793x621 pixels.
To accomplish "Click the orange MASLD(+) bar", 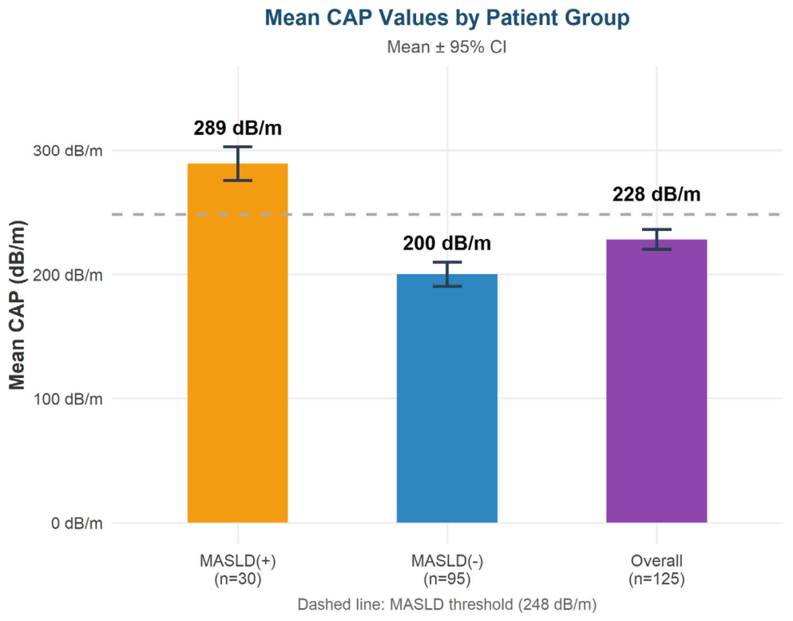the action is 238,343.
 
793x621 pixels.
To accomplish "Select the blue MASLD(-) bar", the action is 447,398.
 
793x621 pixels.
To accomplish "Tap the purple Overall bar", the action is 656,380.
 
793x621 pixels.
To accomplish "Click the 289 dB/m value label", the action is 238,128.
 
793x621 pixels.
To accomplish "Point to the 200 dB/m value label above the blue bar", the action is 447,244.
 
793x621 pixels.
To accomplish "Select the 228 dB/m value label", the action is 656,194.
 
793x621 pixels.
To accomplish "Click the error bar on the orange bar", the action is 238,164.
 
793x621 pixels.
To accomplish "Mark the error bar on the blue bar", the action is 447,274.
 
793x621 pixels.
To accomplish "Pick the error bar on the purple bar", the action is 656,240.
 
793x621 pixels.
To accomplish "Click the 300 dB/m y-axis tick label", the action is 68,151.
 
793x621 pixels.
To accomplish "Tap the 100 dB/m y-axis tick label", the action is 68,399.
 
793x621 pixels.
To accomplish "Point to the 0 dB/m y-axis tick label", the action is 77,523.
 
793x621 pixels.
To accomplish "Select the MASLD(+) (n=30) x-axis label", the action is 238,570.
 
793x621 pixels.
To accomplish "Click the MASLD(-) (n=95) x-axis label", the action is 447,570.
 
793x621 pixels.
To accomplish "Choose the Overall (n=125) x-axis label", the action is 656,570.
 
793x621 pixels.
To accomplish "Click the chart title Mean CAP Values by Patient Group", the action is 447,18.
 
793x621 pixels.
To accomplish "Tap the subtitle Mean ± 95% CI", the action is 447,47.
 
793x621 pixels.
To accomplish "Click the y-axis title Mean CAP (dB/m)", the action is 18,305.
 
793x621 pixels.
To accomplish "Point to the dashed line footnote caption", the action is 447,604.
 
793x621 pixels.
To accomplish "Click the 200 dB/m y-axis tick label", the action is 68,275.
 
